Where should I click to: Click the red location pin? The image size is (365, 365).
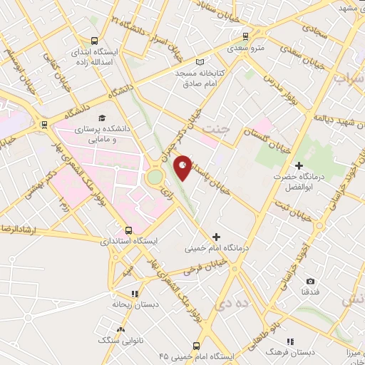pos(183,167)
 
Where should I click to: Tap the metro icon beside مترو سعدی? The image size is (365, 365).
pos(246,36)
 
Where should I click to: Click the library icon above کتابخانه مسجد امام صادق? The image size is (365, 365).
pos(208,62)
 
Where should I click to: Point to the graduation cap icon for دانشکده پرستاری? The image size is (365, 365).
pos(103,118)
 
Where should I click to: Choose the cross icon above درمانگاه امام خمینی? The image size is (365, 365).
pos(217,237)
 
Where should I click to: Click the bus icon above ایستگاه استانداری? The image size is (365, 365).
pos(128,230)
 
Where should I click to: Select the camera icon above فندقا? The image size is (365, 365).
pos(309,282)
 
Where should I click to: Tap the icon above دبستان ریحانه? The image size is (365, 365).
pos(134,293)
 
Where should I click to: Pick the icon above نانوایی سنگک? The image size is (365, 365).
pos(120,330)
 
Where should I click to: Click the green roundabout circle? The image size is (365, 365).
pos(155,176)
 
